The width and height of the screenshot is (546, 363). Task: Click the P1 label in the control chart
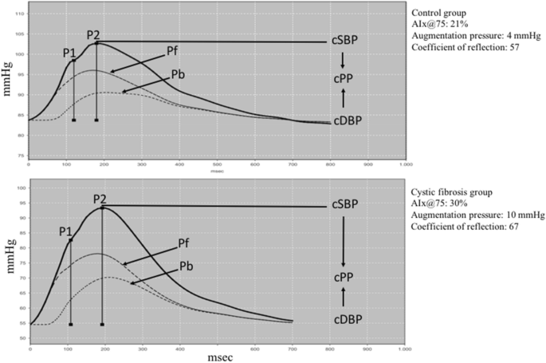[69, 52]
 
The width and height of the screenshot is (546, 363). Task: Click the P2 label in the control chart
[93, 34]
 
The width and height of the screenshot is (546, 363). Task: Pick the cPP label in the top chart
[344, 80]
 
